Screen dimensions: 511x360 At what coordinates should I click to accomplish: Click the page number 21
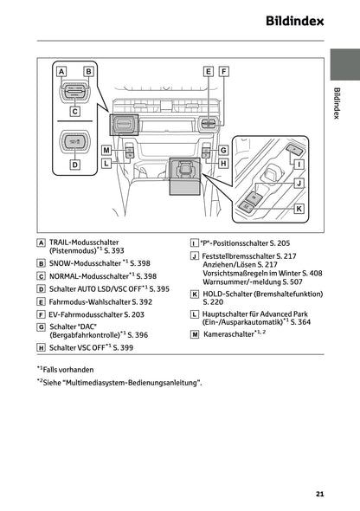(319, 495)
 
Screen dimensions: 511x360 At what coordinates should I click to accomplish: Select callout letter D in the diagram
(74, 164)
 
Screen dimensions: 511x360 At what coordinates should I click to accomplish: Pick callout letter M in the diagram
(106, 150)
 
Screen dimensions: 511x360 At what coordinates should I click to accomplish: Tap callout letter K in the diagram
(299, 209)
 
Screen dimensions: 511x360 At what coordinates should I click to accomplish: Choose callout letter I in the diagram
(299, 164)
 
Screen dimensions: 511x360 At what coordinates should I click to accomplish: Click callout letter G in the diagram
(223, 150)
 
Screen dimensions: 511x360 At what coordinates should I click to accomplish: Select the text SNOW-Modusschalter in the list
(84, 262)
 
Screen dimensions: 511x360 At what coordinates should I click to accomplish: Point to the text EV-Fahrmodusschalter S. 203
(96, 314)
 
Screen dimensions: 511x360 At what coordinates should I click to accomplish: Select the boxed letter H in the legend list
(42, 346)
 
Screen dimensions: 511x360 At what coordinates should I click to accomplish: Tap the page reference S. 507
(292, 281)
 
